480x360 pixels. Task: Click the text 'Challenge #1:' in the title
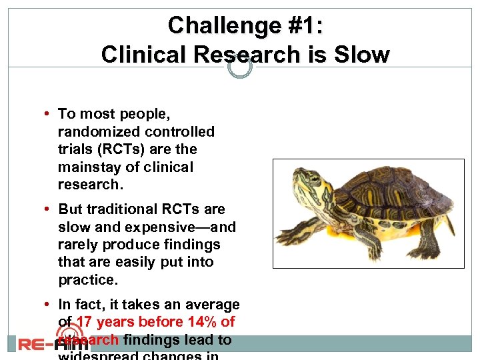point(245,25)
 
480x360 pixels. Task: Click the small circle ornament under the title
point(240,67)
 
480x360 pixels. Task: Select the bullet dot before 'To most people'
point(50,115)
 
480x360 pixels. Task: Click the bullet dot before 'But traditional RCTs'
point(50,209)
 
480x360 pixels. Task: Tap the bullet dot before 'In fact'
point(50,305)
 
